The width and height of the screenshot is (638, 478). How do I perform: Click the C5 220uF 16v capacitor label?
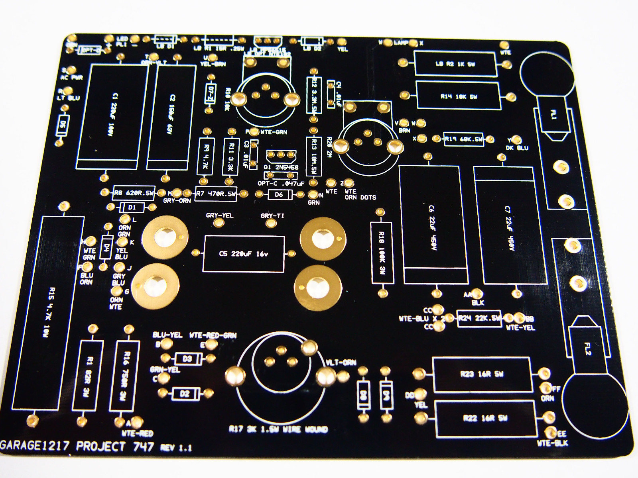pyautogui.click(x=243, y=254)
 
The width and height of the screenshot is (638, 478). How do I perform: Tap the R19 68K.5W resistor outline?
pyautogui.click(x=463, y=139)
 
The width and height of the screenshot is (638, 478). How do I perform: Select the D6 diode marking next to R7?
pyautogui.click(x=279, y=194)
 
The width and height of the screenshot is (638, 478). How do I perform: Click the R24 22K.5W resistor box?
pyautogui.click(x=478, y=318)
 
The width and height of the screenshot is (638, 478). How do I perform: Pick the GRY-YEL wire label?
pyautogui.click(x=219, y=215)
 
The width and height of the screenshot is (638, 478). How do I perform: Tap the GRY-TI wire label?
pyautogui.click(x=272, y=216)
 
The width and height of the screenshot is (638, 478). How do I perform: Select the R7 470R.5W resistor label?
pyautogui.click(x=216, y=194)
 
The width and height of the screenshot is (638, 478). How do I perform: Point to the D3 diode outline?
pyautogui.click(x=187, y=359)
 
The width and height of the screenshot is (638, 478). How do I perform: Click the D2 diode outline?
pyautogui.click(x=185, y=394)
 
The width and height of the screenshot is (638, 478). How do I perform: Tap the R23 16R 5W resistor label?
pyautogui.click(x=482, y=374)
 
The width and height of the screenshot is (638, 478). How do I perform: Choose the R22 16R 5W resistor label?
pyautogui.click(x=484, y=418)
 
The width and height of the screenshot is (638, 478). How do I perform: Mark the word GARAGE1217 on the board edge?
pyautogui.click(x=35, y=446)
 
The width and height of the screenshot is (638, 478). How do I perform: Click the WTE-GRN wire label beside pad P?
pyautogui.click(x=274, y=132)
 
